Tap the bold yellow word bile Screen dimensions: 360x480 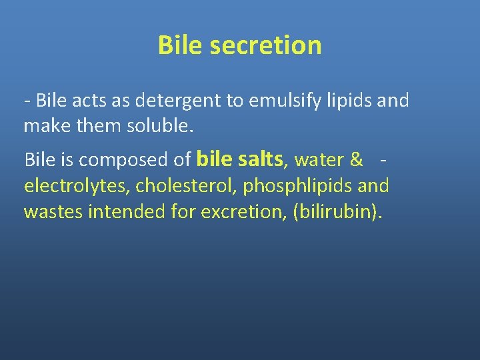215,159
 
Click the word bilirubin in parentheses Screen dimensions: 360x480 337,212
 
